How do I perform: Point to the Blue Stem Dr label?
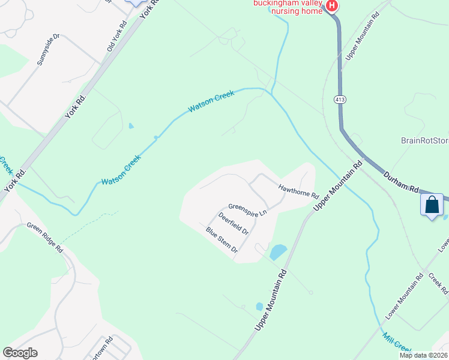click(x=222, y=239)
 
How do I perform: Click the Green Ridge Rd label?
click(x=45, y=237)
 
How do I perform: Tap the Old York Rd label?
click(x=117, y=37)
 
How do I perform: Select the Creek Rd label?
click(x=438, y=284)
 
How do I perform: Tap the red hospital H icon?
click(x=331, y=6)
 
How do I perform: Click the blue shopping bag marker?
click(x=432, y=205)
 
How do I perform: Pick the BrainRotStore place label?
click(x=424, y=141)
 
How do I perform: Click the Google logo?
click(x=20, y=353)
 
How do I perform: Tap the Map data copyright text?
click(x=423, y=355)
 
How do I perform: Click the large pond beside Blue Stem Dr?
click(x=278, y=252)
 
